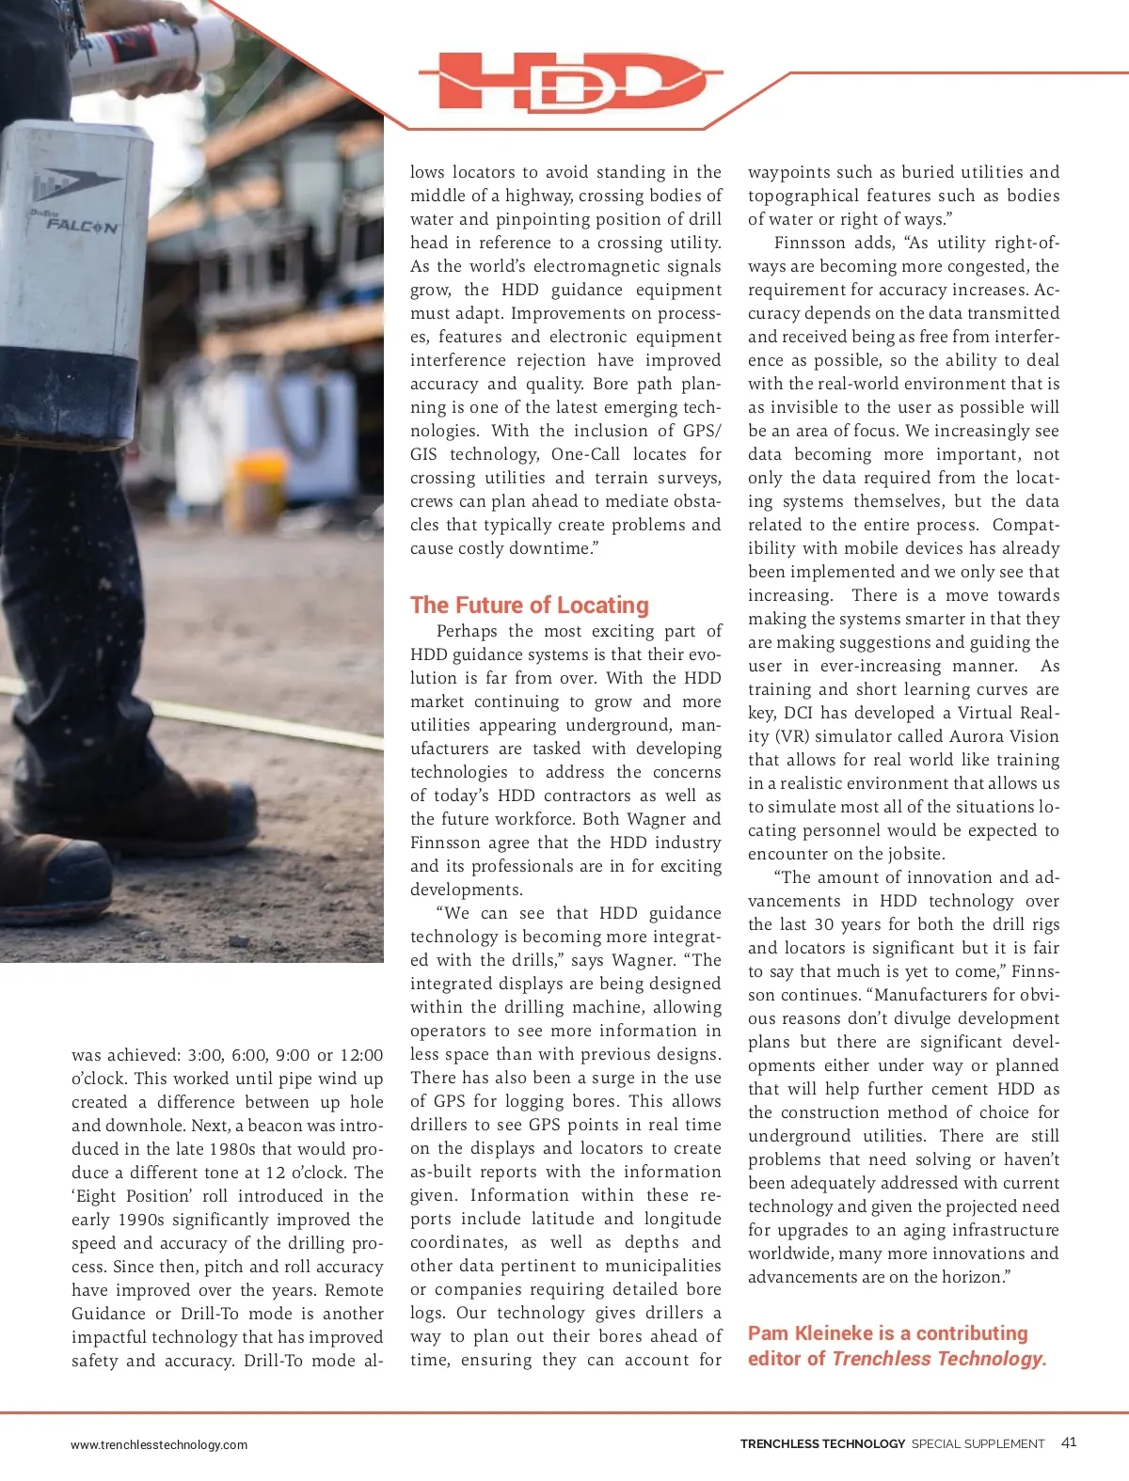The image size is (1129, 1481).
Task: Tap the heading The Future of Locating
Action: (530, 605)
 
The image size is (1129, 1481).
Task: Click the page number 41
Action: (1069, 1442)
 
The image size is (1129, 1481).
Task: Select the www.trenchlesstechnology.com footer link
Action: (159, 1445)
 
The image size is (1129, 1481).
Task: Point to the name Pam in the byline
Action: (769, 1333)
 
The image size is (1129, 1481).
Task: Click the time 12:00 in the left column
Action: (361, 1055)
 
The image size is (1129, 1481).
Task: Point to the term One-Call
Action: (585, 454)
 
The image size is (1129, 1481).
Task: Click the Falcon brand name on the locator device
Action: (83, 226)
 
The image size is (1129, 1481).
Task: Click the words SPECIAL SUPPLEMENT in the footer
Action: (978, 1444)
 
